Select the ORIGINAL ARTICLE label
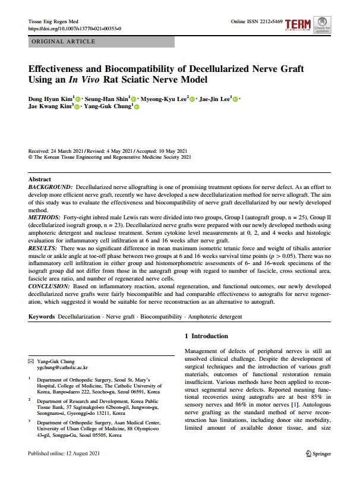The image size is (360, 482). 62,42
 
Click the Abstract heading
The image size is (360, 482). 40,179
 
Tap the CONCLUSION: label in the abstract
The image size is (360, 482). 50,287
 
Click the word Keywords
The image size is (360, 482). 42,316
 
